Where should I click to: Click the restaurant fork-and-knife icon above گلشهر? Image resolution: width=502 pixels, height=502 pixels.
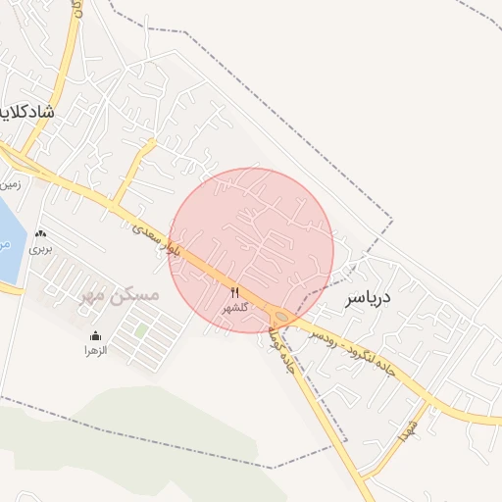[x=234, y=292]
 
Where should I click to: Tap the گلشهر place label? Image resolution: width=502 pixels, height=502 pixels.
[x=236, y=307]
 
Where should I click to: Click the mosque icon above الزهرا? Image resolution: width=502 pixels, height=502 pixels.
[x=95, y=336]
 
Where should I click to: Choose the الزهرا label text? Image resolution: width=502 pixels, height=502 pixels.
[x=95, y=350]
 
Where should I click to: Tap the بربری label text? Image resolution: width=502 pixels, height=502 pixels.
[x=40, y=249]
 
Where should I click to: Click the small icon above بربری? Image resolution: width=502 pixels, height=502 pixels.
[x=40, y=235]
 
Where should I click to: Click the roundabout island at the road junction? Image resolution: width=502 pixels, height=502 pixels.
[x=282, y=316]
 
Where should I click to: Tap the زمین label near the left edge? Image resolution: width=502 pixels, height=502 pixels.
[x=10, y=183]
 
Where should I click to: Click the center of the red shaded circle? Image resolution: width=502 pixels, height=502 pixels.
[x=251, y=250]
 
